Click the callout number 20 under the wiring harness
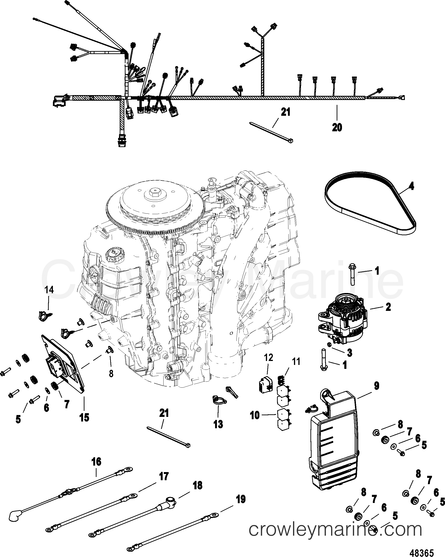click(337, 127)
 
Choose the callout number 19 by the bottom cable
click(241, 499)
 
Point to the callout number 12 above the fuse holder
click(268, 357)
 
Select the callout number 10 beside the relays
click(255, 416)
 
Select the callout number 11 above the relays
click(296, 361)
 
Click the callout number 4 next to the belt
click(411, 186)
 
